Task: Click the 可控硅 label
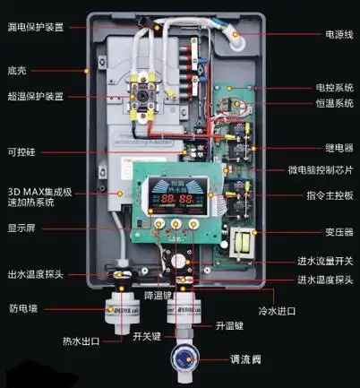tap(24, 151)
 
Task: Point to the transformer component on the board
tap(241, 244)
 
